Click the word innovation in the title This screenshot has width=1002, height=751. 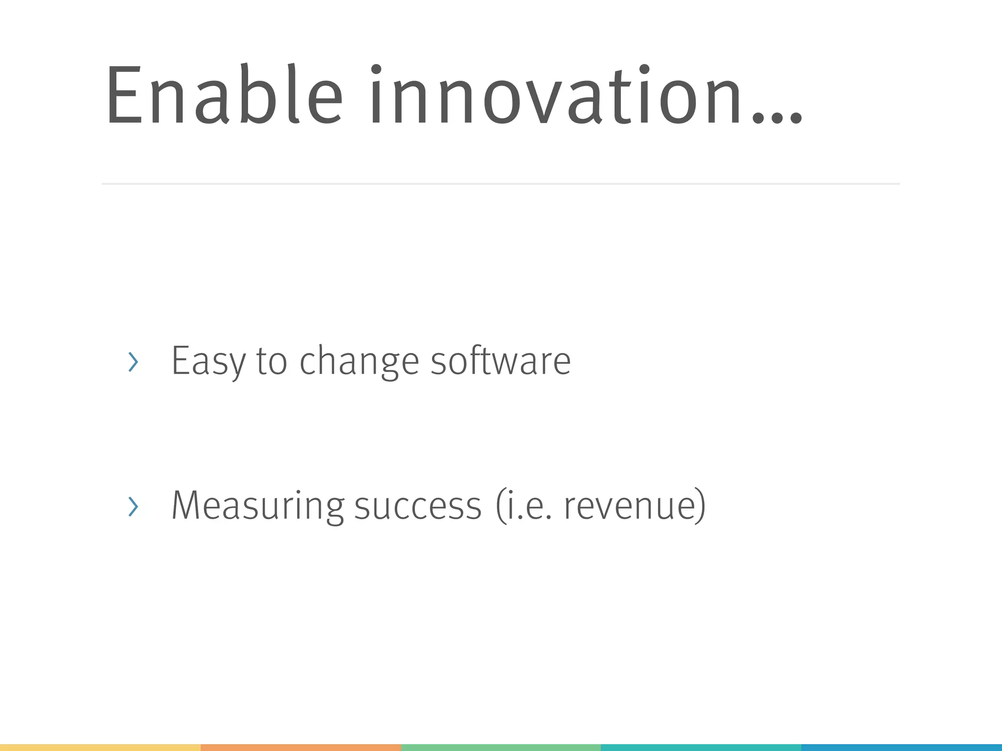(x=556, y=95)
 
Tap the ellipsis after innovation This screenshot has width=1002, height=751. (x=778, y=117)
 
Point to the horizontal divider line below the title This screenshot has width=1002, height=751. (x=501, y=184)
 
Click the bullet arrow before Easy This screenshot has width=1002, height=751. (x=133, y=362)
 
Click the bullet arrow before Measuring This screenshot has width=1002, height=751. (x=133, y=507)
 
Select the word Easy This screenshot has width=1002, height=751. (x=208, y=361)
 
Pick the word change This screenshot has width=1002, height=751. (x=360, y=362)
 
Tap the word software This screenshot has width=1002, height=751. (x=501, y=361)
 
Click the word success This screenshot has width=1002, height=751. (x=418, y=507)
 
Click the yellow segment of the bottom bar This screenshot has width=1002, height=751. (x=100, y=748)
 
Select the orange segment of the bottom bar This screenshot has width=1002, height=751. (x=301, y=748)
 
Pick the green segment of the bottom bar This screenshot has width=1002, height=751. (x=501, y=748)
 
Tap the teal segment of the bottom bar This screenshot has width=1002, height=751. (x=701, y=748)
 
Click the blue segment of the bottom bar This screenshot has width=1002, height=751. (x=901, y=748)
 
